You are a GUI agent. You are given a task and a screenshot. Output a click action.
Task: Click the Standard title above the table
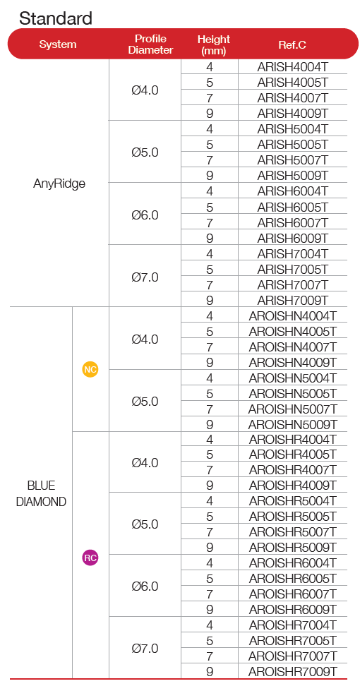(x=56, y=18)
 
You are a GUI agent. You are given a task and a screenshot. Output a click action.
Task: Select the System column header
(x=58, y=44)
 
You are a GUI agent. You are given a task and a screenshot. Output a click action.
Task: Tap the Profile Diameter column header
(x=150, y=44)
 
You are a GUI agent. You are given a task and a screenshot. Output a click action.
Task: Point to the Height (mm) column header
(x=213, y=44)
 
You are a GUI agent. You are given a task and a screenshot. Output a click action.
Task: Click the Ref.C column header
(x=292, y=44)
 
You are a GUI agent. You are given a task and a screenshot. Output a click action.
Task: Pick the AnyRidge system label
(x=59, y=183)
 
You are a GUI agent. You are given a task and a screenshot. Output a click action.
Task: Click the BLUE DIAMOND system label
(x=41, y=493)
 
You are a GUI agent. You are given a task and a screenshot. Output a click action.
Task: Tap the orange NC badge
(x=90, y=370)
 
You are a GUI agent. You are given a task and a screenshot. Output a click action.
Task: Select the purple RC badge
(x=90, y=558)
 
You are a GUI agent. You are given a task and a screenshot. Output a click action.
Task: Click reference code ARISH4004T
(x=293, y=67)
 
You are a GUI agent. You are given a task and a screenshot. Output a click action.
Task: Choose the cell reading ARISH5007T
(x=293, y=160)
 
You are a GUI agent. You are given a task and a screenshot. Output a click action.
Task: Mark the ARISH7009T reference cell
(x=293, y=300)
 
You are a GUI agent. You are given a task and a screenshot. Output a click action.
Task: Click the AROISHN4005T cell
(x=293, y=331)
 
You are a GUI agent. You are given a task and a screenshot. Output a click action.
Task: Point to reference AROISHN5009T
(x=293, y=424)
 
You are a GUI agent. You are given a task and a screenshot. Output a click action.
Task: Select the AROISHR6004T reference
(x=293, y=563)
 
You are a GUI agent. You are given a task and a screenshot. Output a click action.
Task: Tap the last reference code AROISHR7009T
(x=293, y=672)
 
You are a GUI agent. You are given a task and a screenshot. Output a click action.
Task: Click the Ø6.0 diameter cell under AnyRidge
(x=145, y=215)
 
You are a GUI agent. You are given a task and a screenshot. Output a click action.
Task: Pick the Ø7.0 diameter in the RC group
(x=145, y=648)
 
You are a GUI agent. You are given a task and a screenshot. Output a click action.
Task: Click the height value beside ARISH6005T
(x=210, y=207)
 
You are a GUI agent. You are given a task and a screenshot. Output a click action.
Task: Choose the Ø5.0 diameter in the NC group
(x=145, y=401)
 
